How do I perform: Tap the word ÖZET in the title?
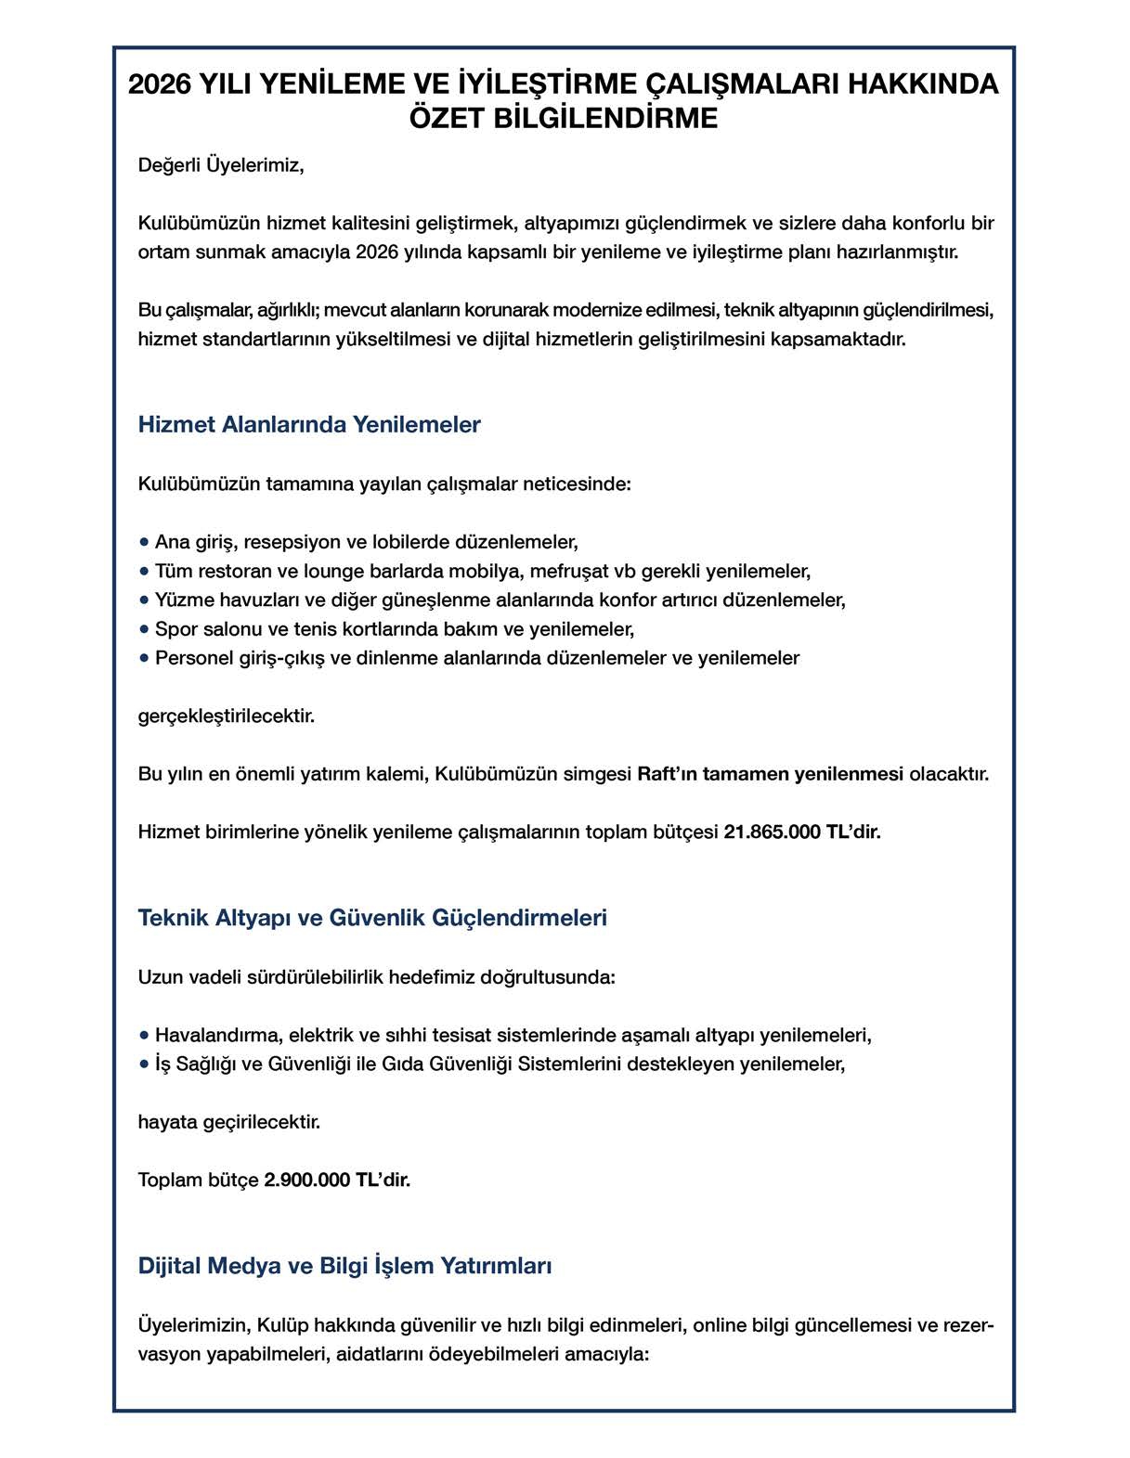[x=448, y=120]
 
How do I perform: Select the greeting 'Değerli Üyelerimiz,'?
[x=221, y=166]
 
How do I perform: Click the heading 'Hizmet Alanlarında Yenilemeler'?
[x=309, y=425]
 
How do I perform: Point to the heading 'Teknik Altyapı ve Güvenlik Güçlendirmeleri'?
[x=372, y=918]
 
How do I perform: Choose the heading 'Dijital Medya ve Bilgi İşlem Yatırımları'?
[x=344, y=1266]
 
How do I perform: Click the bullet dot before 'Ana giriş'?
[x=144, y=541]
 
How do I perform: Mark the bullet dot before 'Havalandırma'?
[x=144, y=1034]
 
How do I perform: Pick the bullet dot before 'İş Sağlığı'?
[x=144, y=1064]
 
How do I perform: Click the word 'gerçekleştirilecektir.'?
[x=227, y=716]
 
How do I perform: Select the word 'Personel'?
[x=190, y=658]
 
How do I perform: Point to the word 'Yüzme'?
[x=182, y=600]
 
